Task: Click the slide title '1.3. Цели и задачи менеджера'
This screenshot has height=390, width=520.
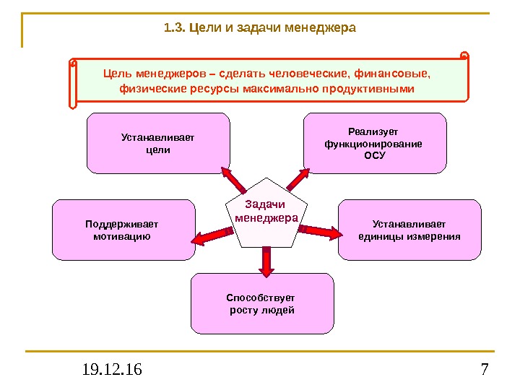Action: pos(260,29)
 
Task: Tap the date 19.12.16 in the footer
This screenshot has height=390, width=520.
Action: pos(112,371)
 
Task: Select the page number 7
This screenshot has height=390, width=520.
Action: pos(484,371)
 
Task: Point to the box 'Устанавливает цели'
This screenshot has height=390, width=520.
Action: pos(158,143)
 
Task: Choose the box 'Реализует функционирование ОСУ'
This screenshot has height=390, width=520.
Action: pos(374,143)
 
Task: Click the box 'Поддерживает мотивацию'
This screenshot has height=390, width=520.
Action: pos(123,230)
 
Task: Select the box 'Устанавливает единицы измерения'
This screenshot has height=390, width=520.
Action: pos(409,230)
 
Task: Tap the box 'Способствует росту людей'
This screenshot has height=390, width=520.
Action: pos(262,303)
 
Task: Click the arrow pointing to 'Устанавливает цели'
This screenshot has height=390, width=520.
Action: pos(233,178)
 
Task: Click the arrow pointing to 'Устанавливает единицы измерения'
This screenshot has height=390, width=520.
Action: pos(321,231)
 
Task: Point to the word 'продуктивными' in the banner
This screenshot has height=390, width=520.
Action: pos(370,89)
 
